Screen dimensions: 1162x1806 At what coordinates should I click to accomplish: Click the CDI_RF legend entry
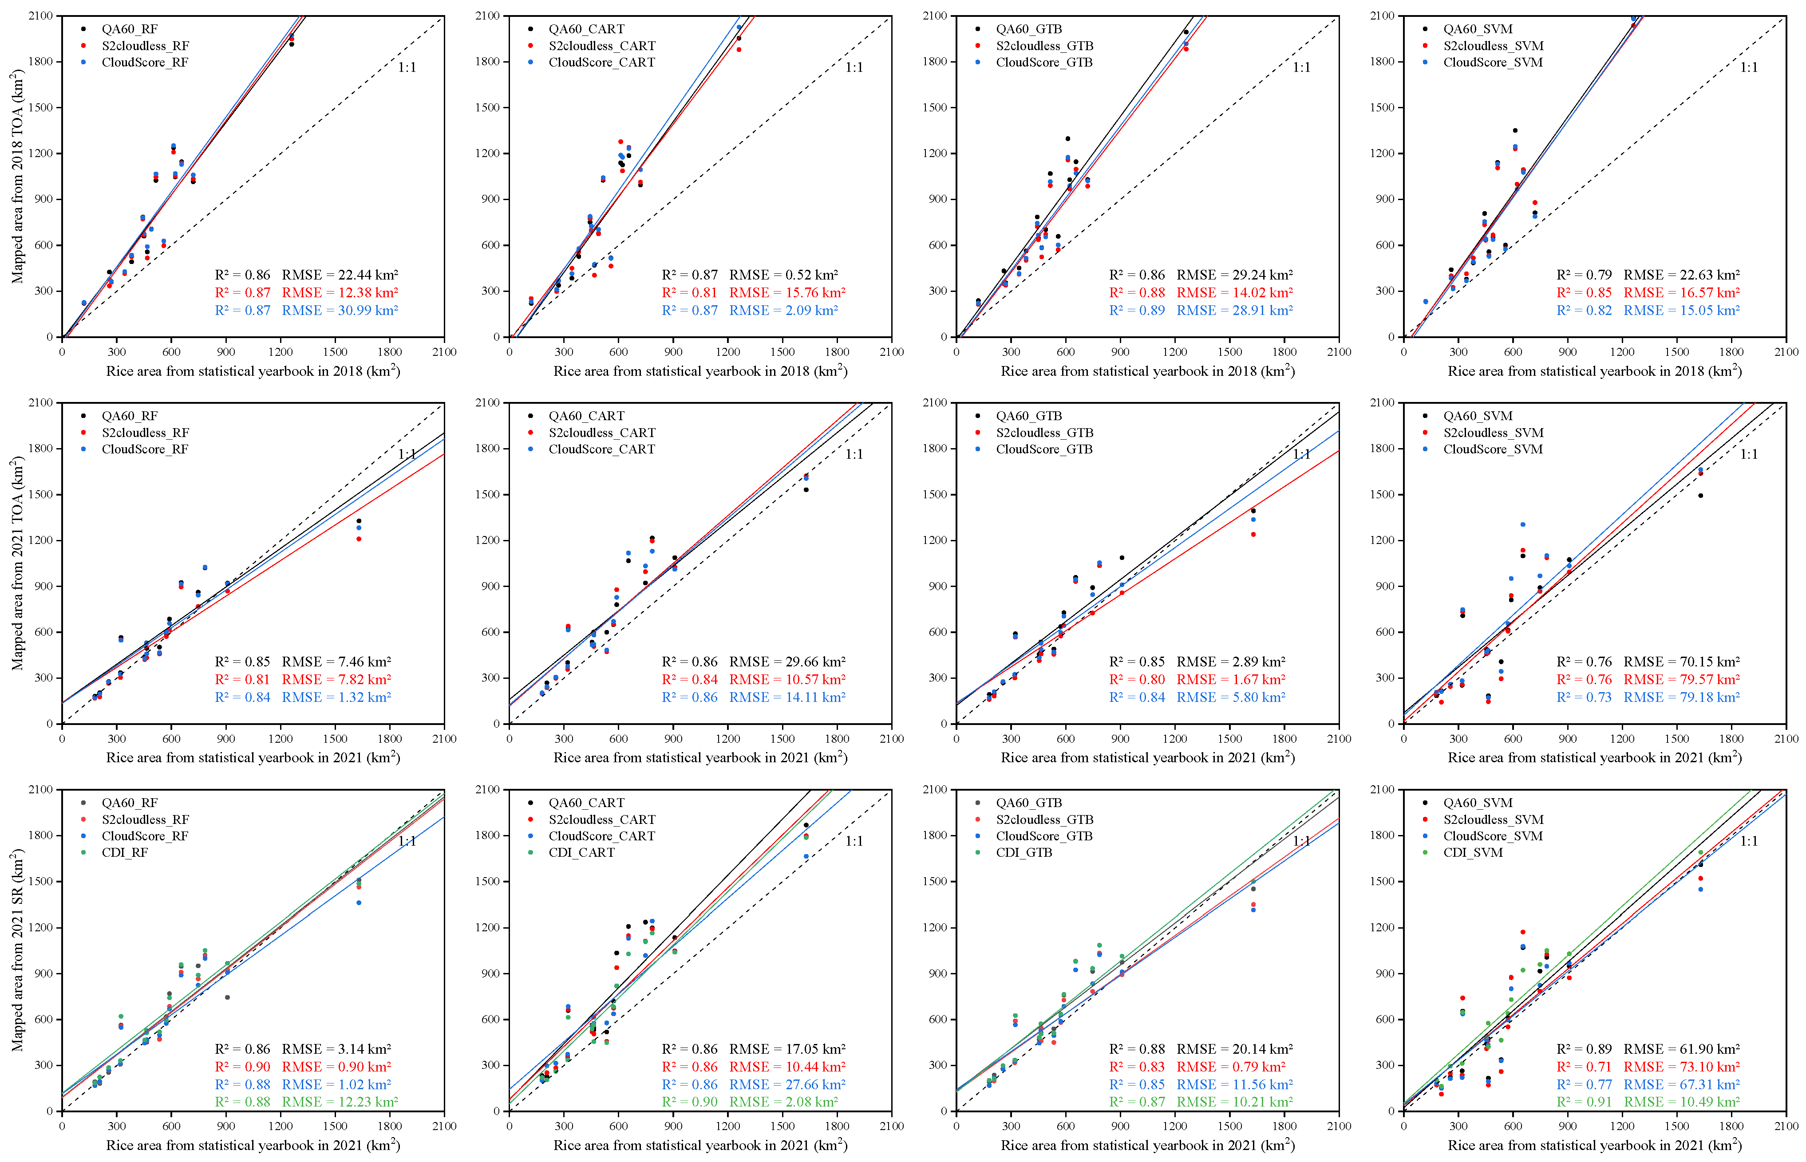coord(125,853)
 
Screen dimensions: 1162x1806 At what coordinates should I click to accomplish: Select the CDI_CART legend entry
coord(581,853)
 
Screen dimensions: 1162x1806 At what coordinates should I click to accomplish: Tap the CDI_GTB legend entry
coord(1024,853)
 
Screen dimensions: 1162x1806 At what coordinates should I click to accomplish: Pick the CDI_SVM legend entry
coord(1472,853)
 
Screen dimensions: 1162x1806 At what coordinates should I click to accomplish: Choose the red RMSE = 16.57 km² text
coord(1682,293)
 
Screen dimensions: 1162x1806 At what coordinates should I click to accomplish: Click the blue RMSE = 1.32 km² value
coord(336,697)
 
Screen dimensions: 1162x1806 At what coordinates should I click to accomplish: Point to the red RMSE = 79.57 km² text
coord(1682,680)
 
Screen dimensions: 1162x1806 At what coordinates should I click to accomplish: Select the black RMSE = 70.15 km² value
coord(1682,662)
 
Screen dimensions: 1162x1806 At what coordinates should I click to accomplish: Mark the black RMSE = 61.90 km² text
coord(1682,1049)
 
